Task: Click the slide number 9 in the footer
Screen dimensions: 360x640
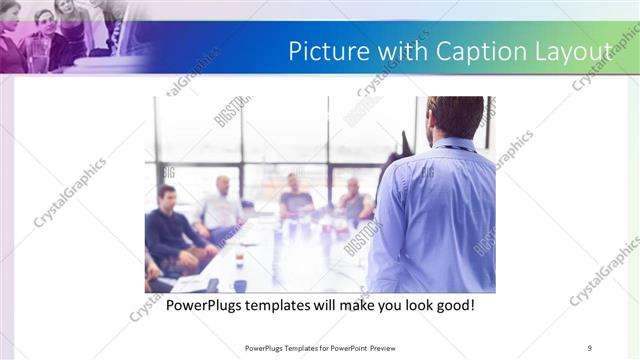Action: [589, 348]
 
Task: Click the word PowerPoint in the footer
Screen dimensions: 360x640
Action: [347, 348]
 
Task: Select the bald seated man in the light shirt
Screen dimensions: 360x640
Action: [222, 205]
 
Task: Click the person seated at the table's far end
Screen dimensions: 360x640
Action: [296, 196]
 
